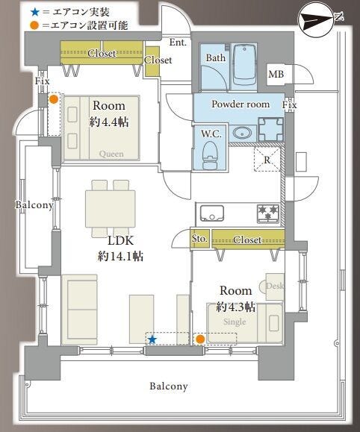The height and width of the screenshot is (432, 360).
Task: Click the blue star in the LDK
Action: (152, 339)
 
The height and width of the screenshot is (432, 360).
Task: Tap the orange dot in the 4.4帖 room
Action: (54, 99)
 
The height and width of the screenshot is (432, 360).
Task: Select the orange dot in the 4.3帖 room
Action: (199, 339)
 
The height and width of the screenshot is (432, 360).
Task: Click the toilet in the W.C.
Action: (210, 155)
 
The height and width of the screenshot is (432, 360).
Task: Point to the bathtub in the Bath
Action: (244, 65)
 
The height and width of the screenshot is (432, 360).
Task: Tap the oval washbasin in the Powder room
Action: (242, 133)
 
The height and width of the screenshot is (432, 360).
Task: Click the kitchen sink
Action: (211, 213)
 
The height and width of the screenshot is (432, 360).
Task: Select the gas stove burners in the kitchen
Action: (268, 213)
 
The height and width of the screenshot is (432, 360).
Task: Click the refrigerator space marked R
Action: (267, 160)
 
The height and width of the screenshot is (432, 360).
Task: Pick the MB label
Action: (276, 74)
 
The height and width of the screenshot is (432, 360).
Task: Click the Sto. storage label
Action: (199, 238)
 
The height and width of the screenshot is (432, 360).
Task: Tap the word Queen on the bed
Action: (111, 154)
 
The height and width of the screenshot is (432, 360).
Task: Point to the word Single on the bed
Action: (235, 322)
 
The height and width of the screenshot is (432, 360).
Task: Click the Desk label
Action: (275, 286)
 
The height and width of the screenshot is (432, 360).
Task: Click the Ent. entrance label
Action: (178, 42)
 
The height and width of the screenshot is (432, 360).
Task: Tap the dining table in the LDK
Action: (111, 209)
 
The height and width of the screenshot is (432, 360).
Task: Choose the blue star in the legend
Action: (35, 12)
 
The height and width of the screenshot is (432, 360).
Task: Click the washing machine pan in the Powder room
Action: (271, 129)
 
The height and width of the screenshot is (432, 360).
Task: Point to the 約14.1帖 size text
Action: (120, 257)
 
